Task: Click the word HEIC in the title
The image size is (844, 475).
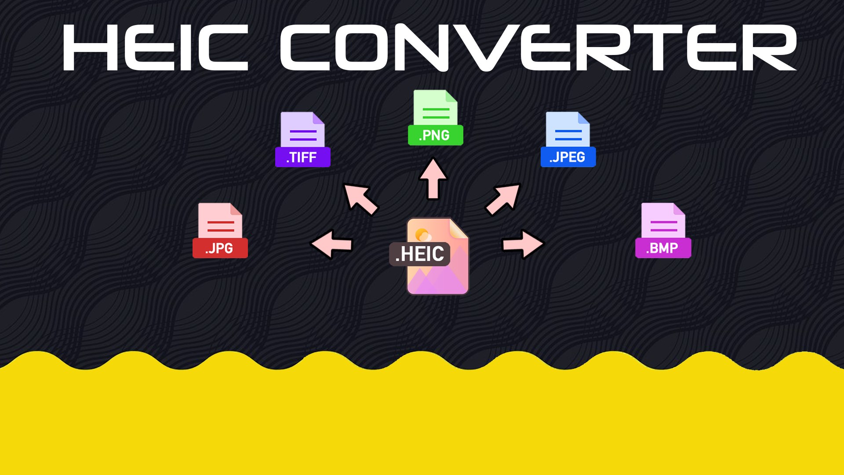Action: pyautogui.click(x=156, y=47)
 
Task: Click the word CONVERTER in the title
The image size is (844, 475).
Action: pyautogui.click(x=538, y=47)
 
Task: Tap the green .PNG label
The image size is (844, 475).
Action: pyautogui.click(x=435, y=135)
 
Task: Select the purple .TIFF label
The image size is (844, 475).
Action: pyautogui.click(x=302, y=157)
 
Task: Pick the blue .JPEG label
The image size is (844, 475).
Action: pyautogui.click(x=568, y=157)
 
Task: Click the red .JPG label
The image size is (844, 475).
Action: pyautogui.click(x=220, y=248)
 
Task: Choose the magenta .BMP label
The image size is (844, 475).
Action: pyautogui.click(x=663, y=248)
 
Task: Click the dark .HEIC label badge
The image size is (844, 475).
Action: pyautogui.click(x=420, y=254)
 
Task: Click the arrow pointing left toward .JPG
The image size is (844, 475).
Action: pyautogui.click(x=332, y=244)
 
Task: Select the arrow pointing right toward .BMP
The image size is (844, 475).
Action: pyautogui.click(x=523, y=244)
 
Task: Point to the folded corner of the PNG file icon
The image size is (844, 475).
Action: pyautogui.click(x=451, y=96)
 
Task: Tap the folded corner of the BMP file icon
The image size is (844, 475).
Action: pyautogui.click(x=679, y=209)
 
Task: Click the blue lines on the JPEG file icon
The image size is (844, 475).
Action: pyautogui.click(x=568, y=135)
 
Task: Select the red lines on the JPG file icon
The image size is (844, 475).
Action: pyautogui.click(x=220, y=227)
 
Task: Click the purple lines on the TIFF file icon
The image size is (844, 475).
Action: pyautogui.click(x=303, y=135)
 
